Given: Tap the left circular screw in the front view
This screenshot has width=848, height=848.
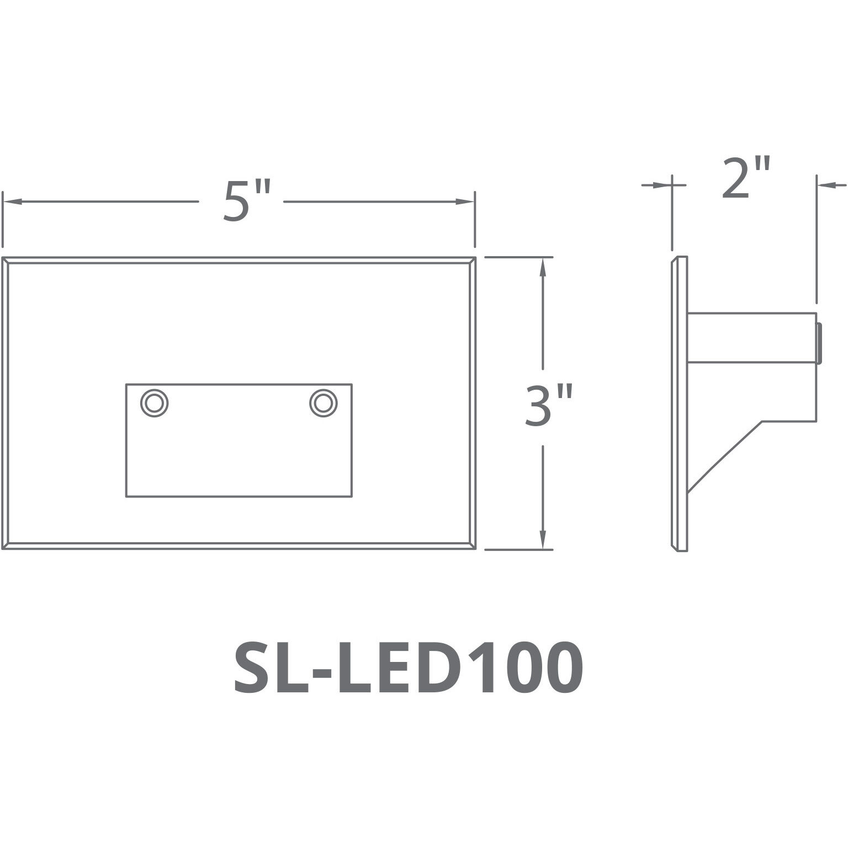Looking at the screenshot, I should (x=154, y=402).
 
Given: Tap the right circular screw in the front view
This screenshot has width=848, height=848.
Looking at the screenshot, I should (x=324, y=402).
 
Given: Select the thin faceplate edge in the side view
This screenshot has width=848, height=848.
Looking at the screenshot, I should (x=680, y=404).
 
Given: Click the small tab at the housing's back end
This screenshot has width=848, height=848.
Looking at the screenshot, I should (x=819, y=343).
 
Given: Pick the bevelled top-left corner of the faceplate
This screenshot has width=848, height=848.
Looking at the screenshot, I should (x=6, y=261).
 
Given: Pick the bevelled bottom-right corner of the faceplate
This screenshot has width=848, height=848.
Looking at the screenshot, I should (x=471, y=546).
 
